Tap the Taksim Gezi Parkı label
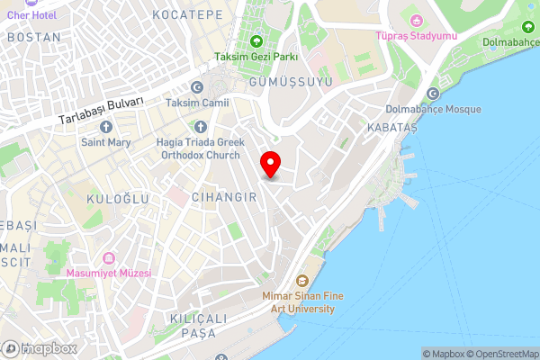point(256,57)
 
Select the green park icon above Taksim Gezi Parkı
point(256,41)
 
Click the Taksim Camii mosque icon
point(198,87)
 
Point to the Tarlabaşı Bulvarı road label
point(102,112)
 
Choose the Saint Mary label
point(106,142)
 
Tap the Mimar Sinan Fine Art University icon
point(301,281)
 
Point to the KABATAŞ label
point(392,129)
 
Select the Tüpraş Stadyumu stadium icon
point(416,20)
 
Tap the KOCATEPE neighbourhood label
point(187,15)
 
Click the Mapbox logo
point(38,348)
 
